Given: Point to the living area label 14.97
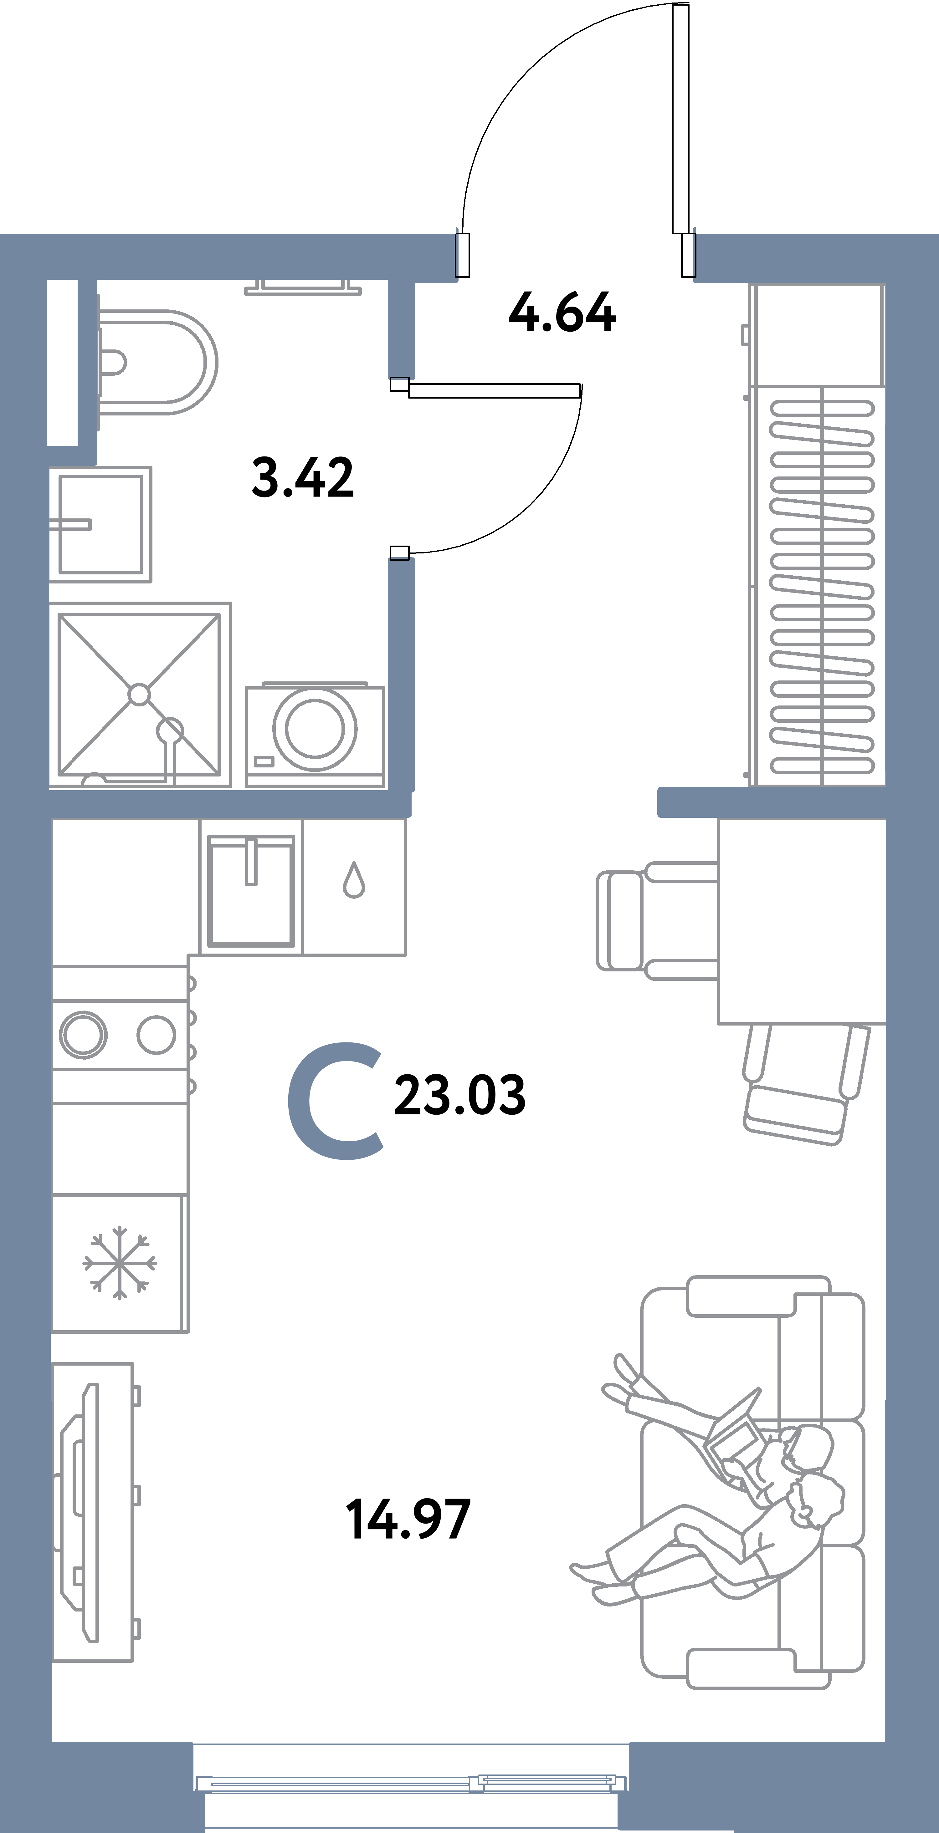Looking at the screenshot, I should pos(408,1519).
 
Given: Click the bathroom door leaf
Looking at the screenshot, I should pos(495,390).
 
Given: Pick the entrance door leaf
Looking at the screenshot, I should pos(680,117).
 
